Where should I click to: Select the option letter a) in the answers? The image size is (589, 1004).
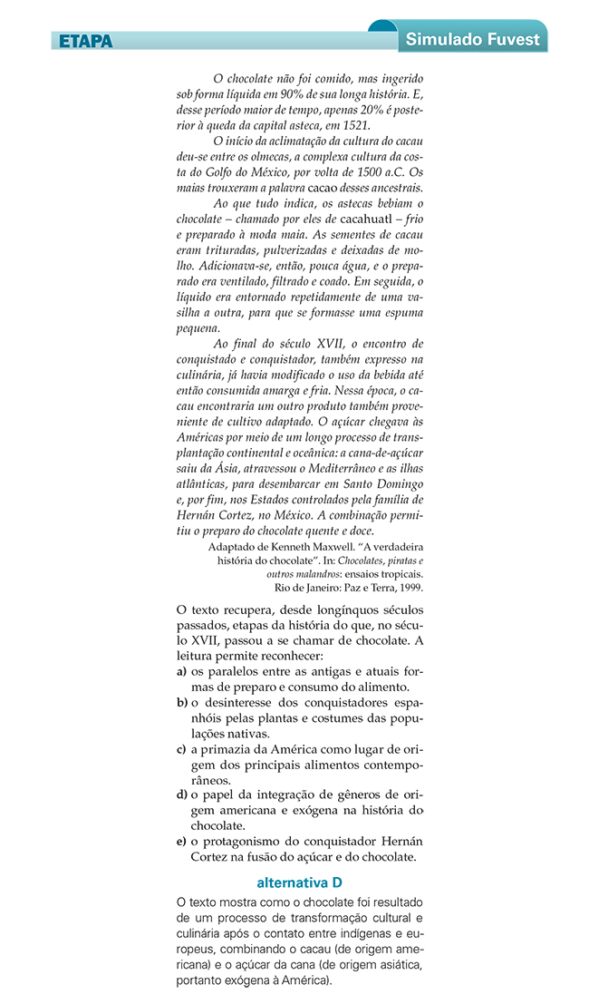182,671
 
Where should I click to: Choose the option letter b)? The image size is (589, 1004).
182,703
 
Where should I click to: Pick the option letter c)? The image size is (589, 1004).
182,749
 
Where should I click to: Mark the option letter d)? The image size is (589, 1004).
182,795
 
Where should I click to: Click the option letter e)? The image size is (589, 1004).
182,842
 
